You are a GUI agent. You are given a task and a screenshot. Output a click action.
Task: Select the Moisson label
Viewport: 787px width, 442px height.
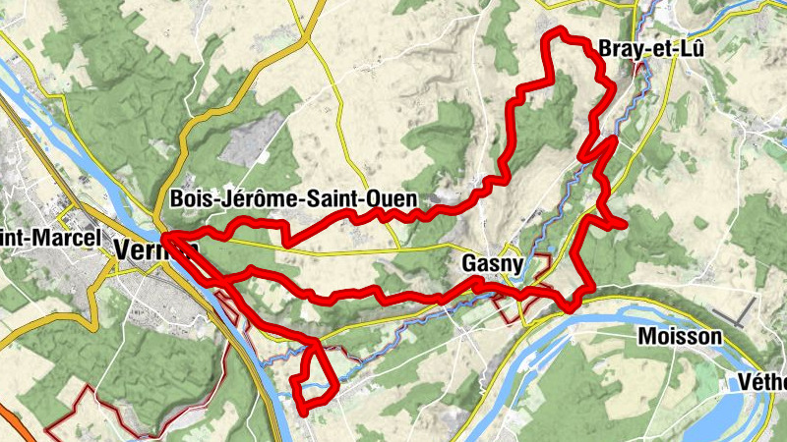(680, 337)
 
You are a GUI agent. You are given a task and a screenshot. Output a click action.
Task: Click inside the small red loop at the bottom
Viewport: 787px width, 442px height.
(313, 378)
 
